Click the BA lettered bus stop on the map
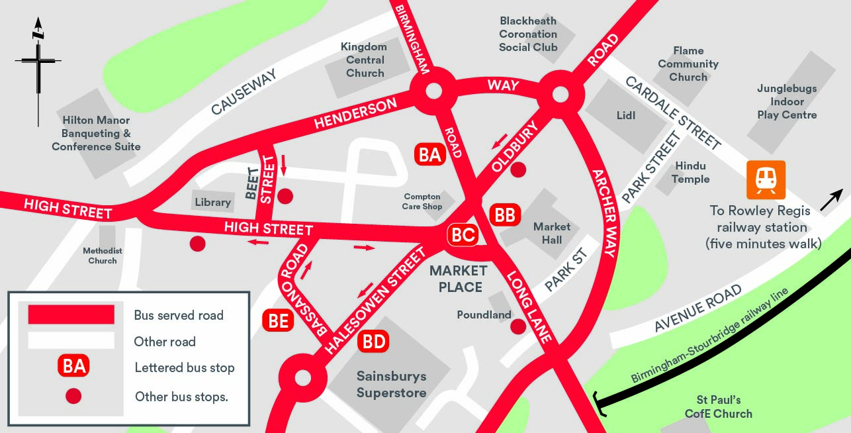pos(430,155)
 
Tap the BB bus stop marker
pos(505,215)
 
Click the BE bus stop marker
pos(279,320)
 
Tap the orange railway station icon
pos(766,179)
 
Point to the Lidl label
pos(625,115)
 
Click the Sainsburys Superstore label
pos(391,384)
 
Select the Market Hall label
pos(552,233)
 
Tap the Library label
pos(212,203)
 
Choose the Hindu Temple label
pos(690,172)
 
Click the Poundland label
pos(484,315)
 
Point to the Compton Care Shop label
pos(422,202)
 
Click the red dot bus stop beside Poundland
pos(518,326)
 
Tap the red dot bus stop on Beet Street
pos(285,196)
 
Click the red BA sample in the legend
pos(74,366)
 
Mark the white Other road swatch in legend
pos(71,340)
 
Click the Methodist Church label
pos(103,256)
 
